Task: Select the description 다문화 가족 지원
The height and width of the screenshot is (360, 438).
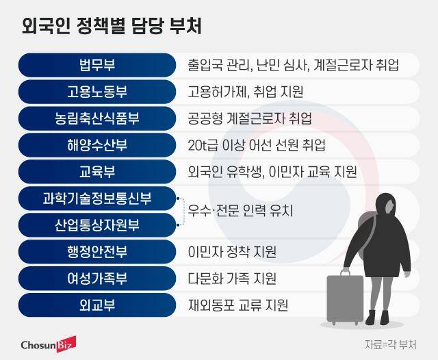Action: click(x=231, y=279)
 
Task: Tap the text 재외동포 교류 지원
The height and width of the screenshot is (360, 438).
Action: click(x=237, y=305)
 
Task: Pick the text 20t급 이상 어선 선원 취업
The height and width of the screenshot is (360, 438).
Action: click(x=256, y=145)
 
